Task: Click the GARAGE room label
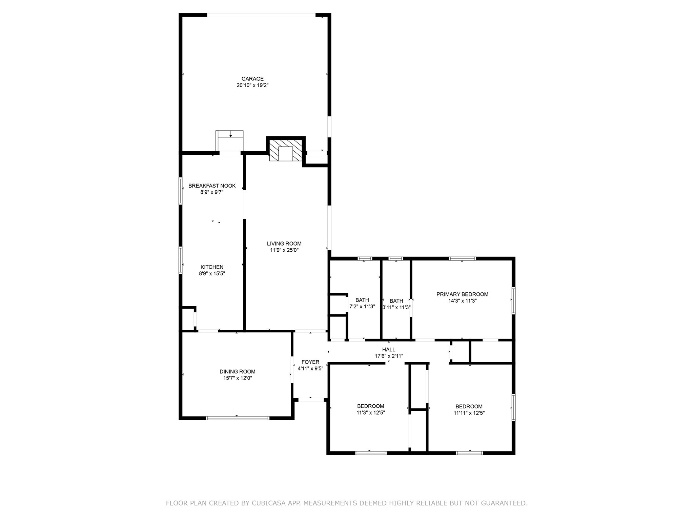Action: click(x=252, y=79)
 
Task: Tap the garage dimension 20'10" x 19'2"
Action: click(x=252, y=85)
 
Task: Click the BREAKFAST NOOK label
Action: click(x=212, y=186)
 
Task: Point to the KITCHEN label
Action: click(x=212, y=267)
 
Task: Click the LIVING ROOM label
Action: click(x=284, y=244)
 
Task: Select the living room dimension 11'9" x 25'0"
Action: click(x=284, y=250)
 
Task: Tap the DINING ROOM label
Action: click(x=237, y=371)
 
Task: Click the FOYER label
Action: click(x=310, y=362)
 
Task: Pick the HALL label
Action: click(x=389, y=349)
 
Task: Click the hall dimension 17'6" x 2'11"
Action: click(x=389, y=356)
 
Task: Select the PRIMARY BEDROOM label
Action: click(x=462, y=294)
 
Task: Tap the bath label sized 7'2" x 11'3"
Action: click(x=362, y=300)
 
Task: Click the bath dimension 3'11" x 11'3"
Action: click(x=396, y=307)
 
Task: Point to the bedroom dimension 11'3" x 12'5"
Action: click(x=370, y=413)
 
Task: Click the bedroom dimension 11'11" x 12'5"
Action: click(x=469, y=413)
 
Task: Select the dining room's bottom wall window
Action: click(x=238, y=418)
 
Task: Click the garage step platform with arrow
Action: click(x=230, y=140)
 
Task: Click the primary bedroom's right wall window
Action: click(x=513, y=301)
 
